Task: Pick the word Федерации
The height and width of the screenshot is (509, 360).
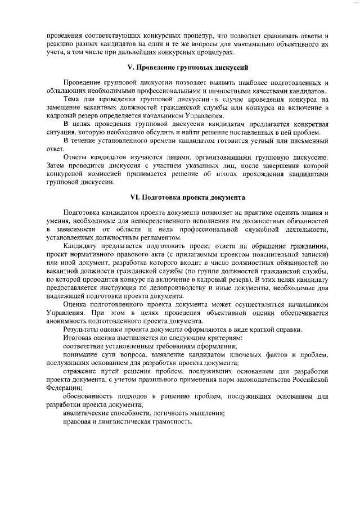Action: pyautogui.click(x=62, y=388)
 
